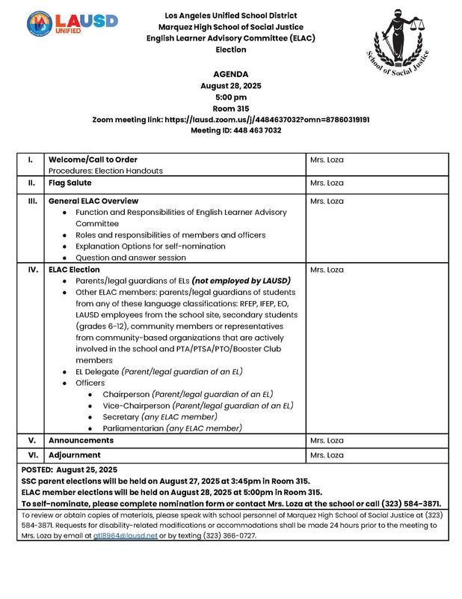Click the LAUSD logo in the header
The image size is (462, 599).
click(72, 22)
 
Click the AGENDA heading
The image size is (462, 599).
click(230, 74)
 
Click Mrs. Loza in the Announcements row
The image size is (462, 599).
click(326, 440)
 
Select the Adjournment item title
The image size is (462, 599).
click(75, 454)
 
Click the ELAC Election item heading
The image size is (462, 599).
click(74, 270)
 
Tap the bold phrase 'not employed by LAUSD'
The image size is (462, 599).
click(241, 281)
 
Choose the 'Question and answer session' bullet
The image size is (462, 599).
click(131, 258)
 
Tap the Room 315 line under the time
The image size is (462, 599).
click(230, 108)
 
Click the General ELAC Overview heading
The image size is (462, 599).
click(93, 201)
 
